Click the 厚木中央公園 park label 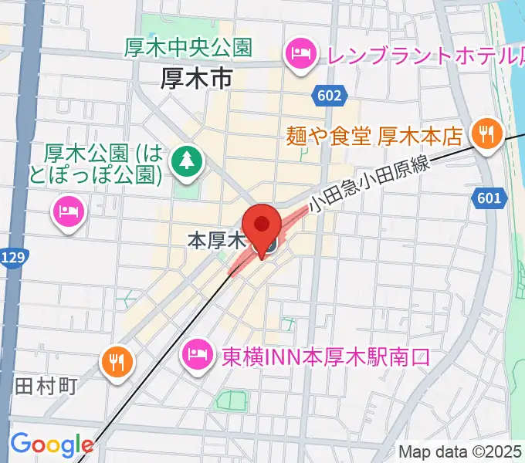188,48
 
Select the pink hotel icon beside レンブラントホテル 298,53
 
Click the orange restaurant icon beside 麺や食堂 488,135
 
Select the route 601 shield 489,199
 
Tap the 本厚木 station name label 216,241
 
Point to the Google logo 51,445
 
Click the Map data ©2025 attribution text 461,451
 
